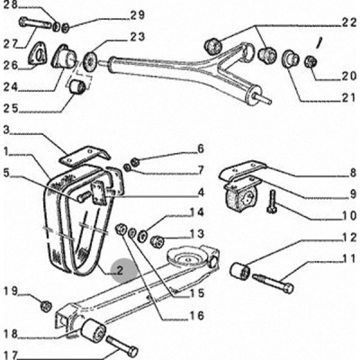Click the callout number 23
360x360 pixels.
click(x=138, y=37)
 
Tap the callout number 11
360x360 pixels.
click(x=348, y=258)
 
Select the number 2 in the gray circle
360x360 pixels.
click(x=120, y=271)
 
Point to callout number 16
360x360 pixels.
click(x=197, y=315)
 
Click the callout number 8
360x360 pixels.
click(x=352, y=174)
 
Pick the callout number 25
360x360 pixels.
click(x=11, y=109)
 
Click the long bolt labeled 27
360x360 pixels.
click(x=35, y=23)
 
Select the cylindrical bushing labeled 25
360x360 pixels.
click(x=77, y=86)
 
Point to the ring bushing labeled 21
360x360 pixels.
click(x=290, y=58)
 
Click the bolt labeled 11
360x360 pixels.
click(x=273, y=283)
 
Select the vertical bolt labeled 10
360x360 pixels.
click(x=272, y=202)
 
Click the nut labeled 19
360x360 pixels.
click(x=46, y=306)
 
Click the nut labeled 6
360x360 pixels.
click(x=135, y=161)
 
